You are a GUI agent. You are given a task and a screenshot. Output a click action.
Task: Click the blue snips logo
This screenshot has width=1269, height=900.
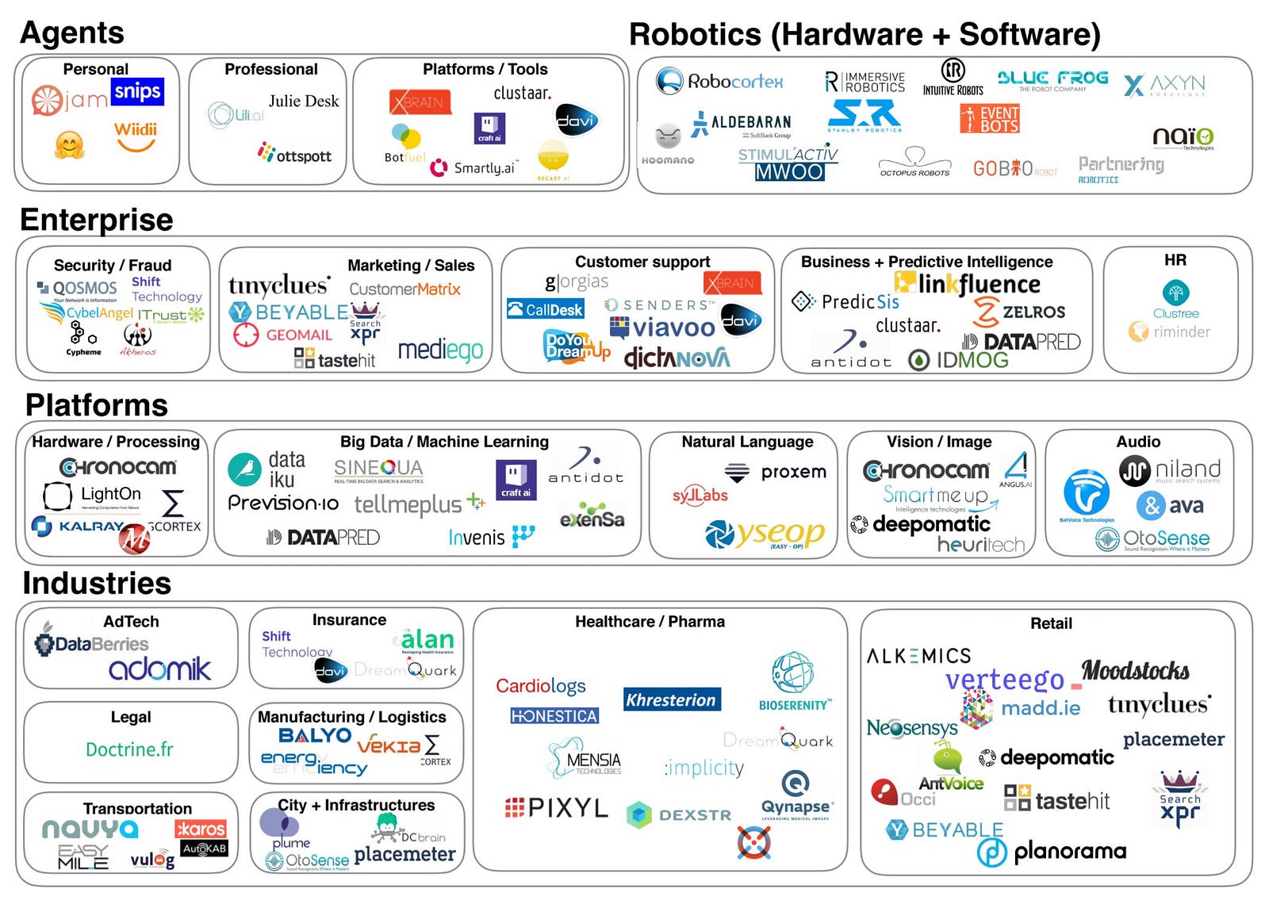point(137,91)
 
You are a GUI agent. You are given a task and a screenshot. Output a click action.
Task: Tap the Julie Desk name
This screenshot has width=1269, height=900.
point(303,101)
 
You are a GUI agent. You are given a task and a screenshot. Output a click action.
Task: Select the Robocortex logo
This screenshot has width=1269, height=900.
point(719,81)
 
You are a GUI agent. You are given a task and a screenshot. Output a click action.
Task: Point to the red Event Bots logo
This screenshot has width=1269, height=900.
point(989,119)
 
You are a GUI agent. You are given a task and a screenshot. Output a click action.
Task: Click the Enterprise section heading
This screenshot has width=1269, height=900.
point(96,220)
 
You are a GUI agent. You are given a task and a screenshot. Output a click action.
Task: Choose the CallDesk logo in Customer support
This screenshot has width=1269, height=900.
point(545,309)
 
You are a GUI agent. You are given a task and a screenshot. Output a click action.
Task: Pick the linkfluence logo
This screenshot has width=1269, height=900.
point(967,283)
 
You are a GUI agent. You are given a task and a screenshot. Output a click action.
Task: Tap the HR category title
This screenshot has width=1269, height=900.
point(1175,260)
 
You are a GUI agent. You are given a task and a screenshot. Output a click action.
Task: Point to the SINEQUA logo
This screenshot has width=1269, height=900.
point(378,469)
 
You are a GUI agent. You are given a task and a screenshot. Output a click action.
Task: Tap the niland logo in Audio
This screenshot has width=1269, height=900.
point(1170,470)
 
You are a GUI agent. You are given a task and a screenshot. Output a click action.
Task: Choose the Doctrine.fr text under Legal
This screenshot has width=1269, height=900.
point(129,749)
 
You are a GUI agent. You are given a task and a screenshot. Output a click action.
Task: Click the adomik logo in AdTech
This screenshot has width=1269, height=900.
point(159,668)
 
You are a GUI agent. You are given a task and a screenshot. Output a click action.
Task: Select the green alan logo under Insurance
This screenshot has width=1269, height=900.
point(427,639)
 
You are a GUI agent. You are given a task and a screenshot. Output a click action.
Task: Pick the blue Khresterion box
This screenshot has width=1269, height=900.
point(671,699)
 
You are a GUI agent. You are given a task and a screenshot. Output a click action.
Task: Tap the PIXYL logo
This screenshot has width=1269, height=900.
point(557,807)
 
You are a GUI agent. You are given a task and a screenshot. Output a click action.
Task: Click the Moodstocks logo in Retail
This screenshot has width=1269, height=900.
point(1135,671)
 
